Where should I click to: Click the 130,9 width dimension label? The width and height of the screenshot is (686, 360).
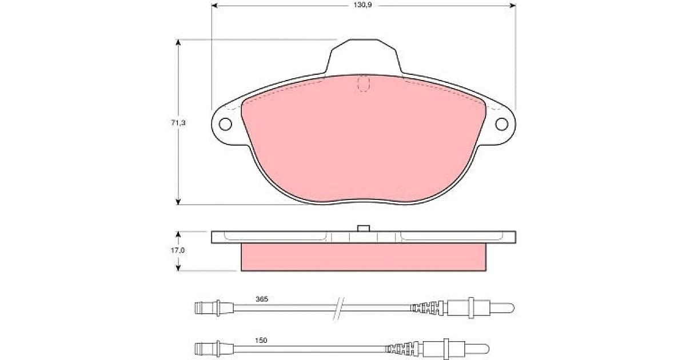click(x=362, y=5)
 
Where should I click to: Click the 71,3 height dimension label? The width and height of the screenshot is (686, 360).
click(x=178, y=123)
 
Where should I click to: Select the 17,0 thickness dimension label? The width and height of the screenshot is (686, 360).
click(x=178, y=250)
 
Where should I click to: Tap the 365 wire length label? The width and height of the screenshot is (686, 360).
click(x=262, y=299)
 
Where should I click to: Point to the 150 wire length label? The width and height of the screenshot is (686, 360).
click(x=261, y=341)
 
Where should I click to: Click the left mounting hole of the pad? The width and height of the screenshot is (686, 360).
click(x=225, y=124)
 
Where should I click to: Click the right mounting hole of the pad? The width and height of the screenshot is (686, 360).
click(x=502, y=124)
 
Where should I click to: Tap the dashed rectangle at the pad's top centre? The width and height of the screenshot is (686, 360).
click(x=364, y=84)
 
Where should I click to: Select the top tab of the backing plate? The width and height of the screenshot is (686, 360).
click(x=364, y=57)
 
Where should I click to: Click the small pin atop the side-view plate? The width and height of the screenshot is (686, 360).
click(x=364, y=228)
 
